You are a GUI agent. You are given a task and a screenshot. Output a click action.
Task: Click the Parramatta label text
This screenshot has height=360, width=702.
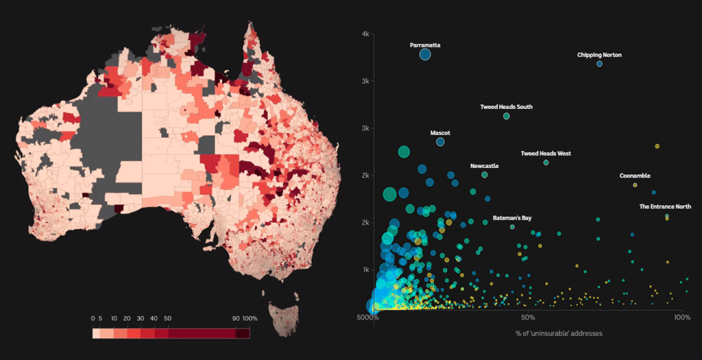pos(425,45)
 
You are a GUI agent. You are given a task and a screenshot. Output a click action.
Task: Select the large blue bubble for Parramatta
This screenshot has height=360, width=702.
pos(425,55)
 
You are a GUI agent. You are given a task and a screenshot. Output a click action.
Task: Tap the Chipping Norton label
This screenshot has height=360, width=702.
pos(599,55)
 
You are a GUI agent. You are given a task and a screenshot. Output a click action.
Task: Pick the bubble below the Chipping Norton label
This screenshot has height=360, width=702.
pos(599,64)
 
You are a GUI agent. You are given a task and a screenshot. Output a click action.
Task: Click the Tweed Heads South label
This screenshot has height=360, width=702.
pos(506,107)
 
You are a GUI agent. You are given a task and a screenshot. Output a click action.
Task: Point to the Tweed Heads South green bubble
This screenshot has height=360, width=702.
pos(507,117)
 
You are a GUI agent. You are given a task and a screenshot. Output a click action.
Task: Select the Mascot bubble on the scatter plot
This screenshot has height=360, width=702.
pos(440,142)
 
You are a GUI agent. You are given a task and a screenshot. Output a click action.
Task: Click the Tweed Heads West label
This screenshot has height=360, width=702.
pos(546,154)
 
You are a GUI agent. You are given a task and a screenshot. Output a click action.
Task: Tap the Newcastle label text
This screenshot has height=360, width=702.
pos(484,166)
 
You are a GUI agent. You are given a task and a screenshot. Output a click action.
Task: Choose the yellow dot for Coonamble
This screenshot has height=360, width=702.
pos(635,185)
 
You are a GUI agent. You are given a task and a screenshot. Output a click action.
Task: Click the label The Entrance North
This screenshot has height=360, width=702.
pos(665,206)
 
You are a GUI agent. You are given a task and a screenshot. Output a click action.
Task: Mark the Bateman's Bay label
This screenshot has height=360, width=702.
pos(512,218)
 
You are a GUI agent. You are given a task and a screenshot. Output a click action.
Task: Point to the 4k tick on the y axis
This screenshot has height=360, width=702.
pos(366,34)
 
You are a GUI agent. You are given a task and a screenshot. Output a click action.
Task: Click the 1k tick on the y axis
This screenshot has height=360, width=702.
pos(366,269)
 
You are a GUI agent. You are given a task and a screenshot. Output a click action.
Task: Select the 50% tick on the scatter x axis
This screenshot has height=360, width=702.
pos(528,318)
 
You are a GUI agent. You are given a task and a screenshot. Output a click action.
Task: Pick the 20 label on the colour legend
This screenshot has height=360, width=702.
pos(128,319)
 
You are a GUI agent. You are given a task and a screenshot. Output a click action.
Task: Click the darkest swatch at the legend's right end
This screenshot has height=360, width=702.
pos(243,333)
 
